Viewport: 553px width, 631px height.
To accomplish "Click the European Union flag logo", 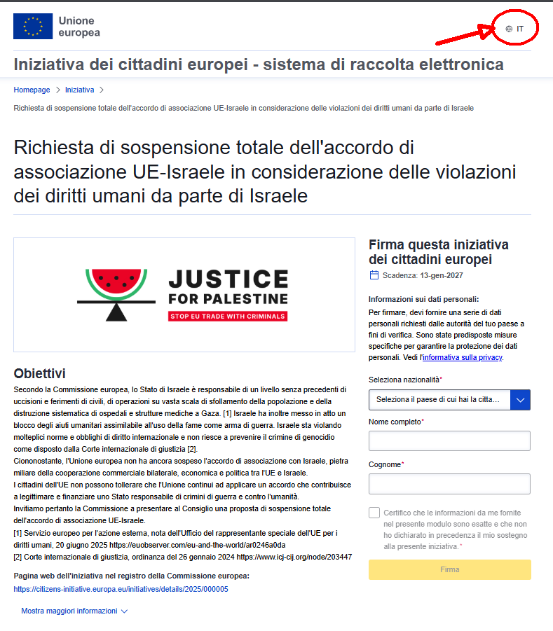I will pyautogui.click(x=32, y=26).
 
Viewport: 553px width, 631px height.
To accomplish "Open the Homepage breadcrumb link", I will pyautogui.click(x=32, y=90).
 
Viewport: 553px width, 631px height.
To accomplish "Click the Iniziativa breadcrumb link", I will pyautogui.click(x=79, y=90).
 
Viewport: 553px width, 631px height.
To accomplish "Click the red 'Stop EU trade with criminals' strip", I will pyautogui.click(x=228, y=316).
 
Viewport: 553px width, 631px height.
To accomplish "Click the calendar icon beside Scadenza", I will pyautogui.click(x=374, y=275).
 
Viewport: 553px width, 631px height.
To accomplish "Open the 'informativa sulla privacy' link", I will pyautogui.click(x=461, y=357).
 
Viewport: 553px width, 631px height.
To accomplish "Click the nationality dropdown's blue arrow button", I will pyautogui.click(x=519, y=400).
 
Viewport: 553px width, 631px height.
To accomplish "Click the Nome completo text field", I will pyautogui.click(x=449, y=441).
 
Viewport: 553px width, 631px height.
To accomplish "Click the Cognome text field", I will pyautogui.click(x=449, y=484).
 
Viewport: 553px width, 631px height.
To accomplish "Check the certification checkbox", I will pyautogui.click(x=374, y=513).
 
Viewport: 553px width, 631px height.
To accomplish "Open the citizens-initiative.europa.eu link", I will pyautogui.click(x=121, y=589).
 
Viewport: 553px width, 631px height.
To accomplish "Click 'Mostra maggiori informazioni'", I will pyautogui.click(x=74, y=611).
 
